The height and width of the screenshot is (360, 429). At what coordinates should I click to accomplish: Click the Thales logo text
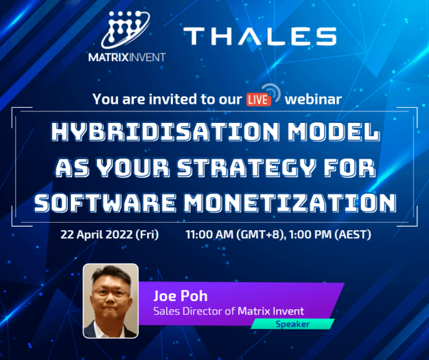click(259, 36)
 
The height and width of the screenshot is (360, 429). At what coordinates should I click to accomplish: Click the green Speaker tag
click(292, 324)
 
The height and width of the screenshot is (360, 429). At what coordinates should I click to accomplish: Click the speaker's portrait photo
click(111, 300)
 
